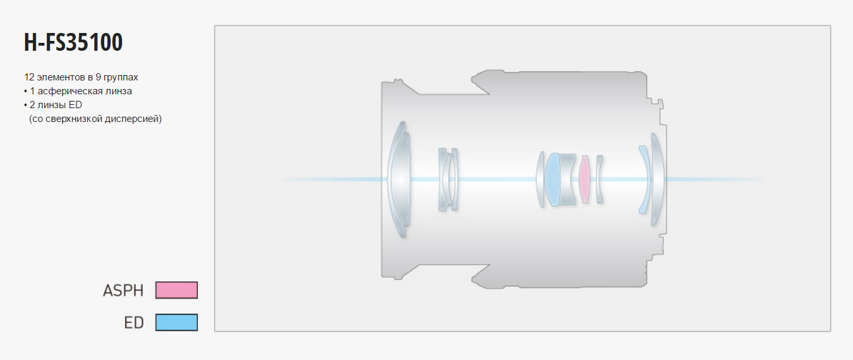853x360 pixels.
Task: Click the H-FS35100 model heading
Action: click(73, 42)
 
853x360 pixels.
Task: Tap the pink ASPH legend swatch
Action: click(176, 290)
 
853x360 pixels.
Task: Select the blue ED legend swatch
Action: click(176, 322)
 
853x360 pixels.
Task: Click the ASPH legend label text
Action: click(123, 291)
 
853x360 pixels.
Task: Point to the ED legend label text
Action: click(134, 322)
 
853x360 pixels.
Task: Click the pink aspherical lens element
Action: click(584, 179)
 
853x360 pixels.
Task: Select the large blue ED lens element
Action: click(552, 179)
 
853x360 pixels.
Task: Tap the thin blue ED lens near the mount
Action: click(644, 179)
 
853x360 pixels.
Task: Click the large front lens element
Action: click(399, 179)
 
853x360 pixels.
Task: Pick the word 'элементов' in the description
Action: click(61, 77)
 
